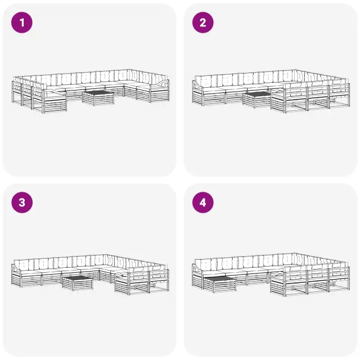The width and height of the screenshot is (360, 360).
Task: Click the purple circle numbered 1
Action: click(x=22, y=22)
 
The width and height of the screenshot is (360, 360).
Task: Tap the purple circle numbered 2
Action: click(x=202, y=22)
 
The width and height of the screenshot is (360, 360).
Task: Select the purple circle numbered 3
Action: click(x=22, y=202)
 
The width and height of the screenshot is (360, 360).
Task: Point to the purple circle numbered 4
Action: click(x=202, y=202)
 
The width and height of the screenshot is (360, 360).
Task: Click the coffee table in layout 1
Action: click(x=98, y=98)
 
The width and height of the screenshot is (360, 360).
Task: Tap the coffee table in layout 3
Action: click(x=78, y=283)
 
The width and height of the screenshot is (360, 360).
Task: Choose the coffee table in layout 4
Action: click(x=219, y=285)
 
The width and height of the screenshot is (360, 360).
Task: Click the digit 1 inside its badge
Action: click(x=22, y=22)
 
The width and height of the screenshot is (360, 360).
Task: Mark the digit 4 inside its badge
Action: click(x=202, y=202)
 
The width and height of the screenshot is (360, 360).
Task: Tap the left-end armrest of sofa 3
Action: click(x=16, y=268)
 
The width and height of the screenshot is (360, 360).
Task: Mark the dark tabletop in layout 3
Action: click(x=78, y=278)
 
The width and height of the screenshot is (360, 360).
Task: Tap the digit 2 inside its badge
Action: click(x=202, y=22)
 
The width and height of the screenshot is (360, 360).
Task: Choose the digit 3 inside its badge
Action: click(x=22, y=202)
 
